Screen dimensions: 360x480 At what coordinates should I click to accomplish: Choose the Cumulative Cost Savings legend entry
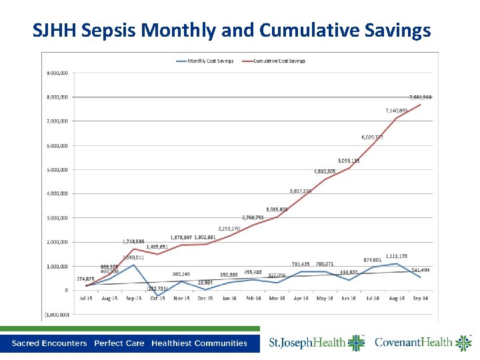tap(278, 61)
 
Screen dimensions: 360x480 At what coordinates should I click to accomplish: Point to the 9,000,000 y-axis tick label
tap(57, 73)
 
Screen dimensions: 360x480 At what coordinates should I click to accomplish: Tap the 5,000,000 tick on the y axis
tap(57, 169)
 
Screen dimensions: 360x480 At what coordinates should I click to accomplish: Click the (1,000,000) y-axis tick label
tap(57, 314)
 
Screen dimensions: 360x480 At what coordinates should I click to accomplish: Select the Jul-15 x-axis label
tap(86, 299)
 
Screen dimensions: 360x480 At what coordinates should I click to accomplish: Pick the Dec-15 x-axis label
tap(205, 299)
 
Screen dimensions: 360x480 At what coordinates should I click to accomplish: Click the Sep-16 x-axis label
tap(420, 299)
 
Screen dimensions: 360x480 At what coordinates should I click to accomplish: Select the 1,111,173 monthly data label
tap(396, 256)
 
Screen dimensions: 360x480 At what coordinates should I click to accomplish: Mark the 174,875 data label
tap(86, 279)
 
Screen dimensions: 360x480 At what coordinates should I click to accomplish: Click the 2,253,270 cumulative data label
tap(229, 228)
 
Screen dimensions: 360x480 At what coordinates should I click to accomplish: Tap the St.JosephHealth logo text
tap(308, 343)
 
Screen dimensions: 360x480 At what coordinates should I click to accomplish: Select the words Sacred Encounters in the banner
tap(49, 343)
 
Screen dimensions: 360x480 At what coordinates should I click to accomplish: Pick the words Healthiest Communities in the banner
tap(199, 343)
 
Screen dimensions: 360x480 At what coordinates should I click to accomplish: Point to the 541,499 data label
tap(420, 270)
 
